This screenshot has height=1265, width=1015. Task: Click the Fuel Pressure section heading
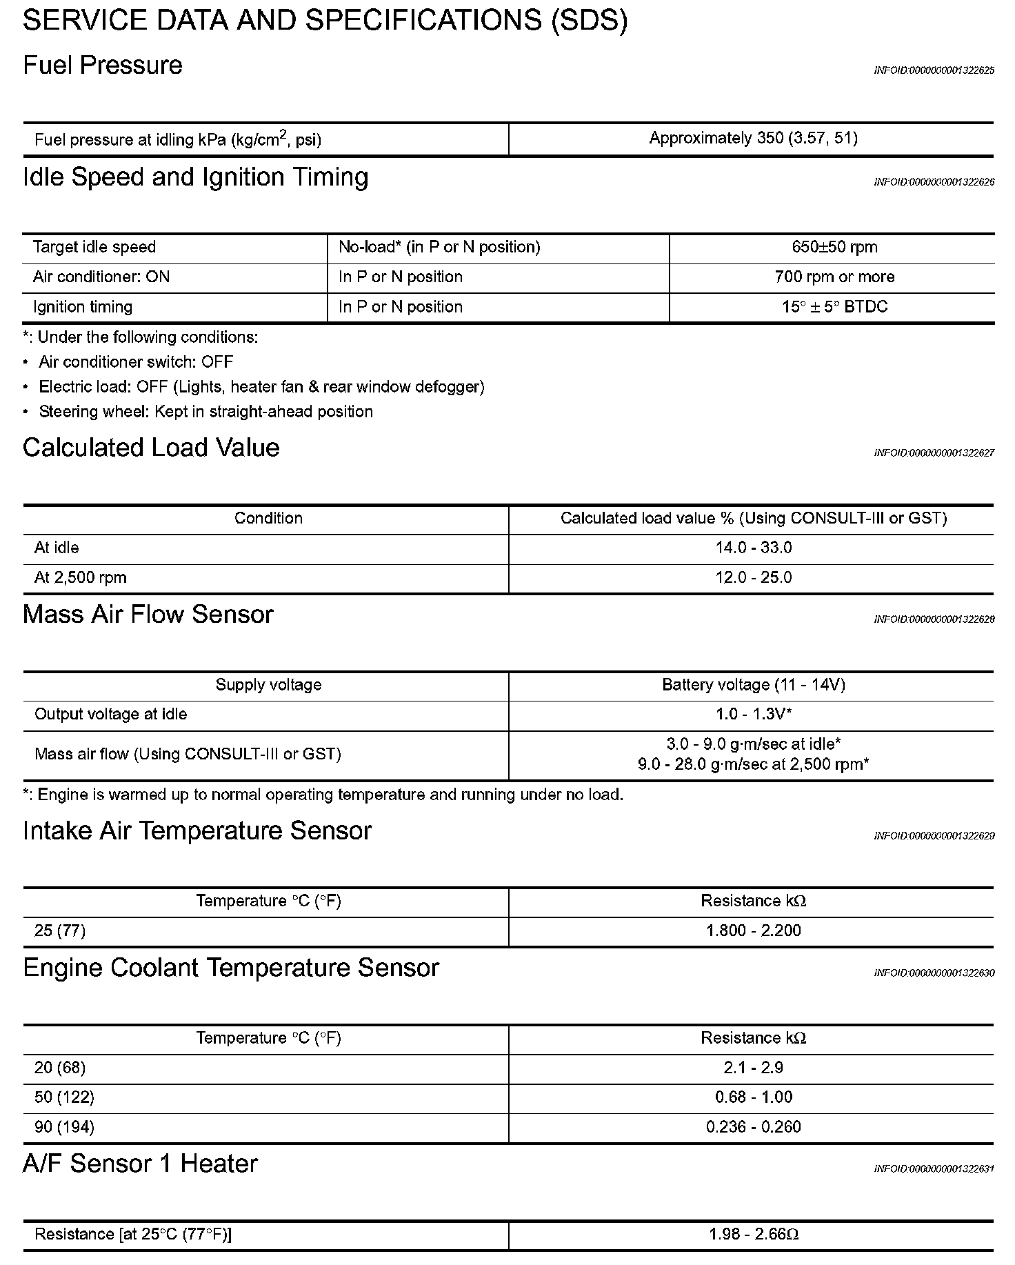pyautogui.click(x=103, y=66)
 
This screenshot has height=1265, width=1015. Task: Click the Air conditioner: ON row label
pyautogui.click(x=101, y=277)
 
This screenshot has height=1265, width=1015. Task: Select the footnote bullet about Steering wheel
pyautogui.click(x=205, y=412)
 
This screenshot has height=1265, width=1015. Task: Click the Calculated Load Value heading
pyautogui.click(x=151, y=448)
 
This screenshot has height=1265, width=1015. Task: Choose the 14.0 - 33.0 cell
pyautogui.click(x=753, y=548)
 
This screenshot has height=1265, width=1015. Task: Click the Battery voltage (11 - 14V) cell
pyautogui.click(x=753, y=685)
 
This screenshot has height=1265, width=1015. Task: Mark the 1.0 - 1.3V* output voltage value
pyautogui.click(x=753, y=714)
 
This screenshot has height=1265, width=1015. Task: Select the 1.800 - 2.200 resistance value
pyautogui.click(x=753, y=930)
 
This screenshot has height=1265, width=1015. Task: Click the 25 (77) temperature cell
pyautogui.click(x=60, y=930)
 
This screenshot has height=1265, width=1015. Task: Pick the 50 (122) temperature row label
pyautogui.click(x=64, y=1097)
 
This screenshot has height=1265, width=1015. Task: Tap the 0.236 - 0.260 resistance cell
pyautogui.click(x=753, y=1127)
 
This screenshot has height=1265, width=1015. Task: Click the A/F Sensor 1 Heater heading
pyautogui.click(x=140, y=1164)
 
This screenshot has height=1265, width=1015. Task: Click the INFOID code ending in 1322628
pyautogui.click(x=934, y=619)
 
